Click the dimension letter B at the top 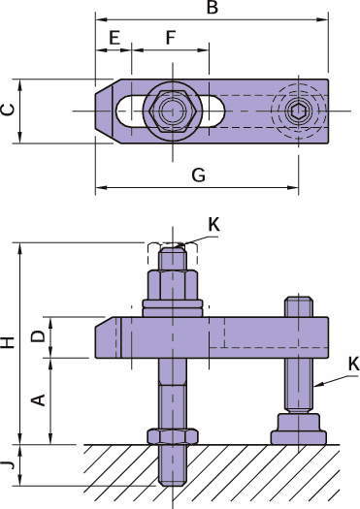213,7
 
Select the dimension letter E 115,38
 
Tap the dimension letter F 171,38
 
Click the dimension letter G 199,175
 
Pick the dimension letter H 8,342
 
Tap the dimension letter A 39,399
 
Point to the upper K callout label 213,224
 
